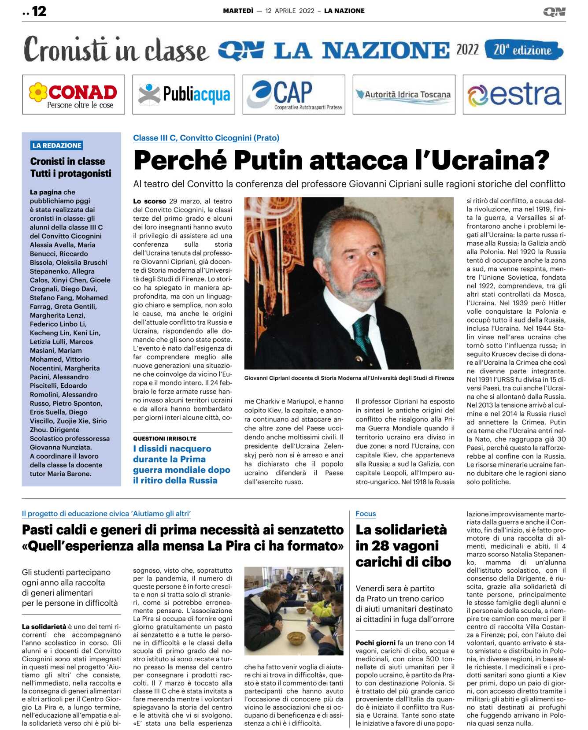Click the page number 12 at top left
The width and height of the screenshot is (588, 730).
[39, 11]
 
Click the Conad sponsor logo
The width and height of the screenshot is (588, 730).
[74, 95]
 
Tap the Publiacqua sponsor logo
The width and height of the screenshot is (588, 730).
[184, 95]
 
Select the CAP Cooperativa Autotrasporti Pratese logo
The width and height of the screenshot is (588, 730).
[294, 95]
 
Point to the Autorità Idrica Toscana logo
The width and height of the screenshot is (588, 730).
[404, 95]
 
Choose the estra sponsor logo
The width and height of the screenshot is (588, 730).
[514, 95]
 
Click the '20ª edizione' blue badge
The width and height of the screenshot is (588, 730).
[523, 50]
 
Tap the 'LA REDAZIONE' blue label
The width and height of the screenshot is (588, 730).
[57, 145]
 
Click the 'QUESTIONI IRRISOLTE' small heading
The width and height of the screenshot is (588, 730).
[165, 438]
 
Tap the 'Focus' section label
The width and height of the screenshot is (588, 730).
[366, 514]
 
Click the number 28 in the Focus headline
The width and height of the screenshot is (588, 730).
[382, 546]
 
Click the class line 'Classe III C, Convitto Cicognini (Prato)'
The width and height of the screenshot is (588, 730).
[206, 138]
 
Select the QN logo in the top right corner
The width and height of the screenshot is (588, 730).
[554, 11]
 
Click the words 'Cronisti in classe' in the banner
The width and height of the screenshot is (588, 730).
[115, 50]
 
